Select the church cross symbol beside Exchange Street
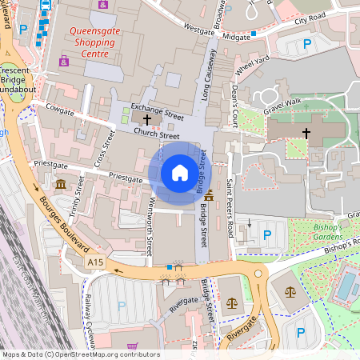[x=146, y=118]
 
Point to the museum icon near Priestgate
[x=62, y=186]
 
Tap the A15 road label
[x=96, y=262]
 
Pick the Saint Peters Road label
[x=230, y=206]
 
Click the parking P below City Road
[x=306, y=45]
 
